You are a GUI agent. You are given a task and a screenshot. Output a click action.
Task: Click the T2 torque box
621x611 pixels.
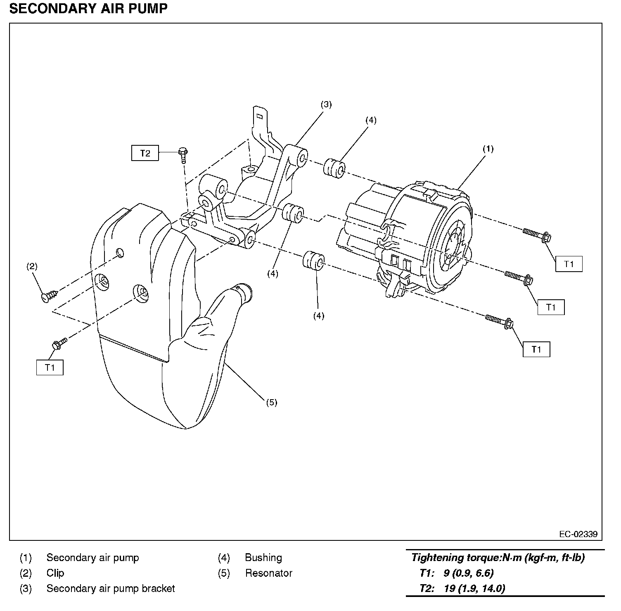(145, 154)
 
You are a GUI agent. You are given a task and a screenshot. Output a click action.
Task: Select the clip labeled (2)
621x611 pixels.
(48, 296)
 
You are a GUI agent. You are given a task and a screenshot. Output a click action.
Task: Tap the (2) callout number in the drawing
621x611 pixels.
(32, 266)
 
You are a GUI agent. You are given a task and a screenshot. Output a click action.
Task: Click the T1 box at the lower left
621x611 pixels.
(50, 367)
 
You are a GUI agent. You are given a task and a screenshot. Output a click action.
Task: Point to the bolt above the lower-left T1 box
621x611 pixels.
(59, 343)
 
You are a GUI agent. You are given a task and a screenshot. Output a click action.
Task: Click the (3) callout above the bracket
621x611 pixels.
(326, 104)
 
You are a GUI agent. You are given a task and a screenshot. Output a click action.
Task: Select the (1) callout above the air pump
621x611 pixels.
(488, 149)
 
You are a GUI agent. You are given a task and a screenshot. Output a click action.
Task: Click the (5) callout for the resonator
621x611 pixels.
(271, 402)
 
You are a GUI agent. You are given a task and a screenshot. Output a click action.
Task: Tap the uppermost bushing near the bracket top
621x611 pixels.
(334, 168)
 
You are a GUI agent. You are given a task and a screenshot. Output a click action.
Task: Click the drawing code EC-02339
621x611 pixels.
(578, 534)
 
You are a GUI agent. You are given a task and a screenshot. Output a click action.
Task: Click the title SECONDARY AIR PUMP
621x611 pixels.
(88, 9)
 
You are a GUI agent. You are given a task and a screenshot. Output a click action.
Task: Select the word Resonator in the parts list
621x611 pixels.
(268, 573)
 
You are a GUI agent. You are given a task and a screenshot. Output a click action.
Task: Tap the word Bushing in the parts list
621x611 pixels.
(263, 558)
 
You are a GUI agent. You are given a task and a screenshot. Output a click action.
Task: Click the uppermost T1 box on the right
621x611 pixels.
(569, 264)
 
